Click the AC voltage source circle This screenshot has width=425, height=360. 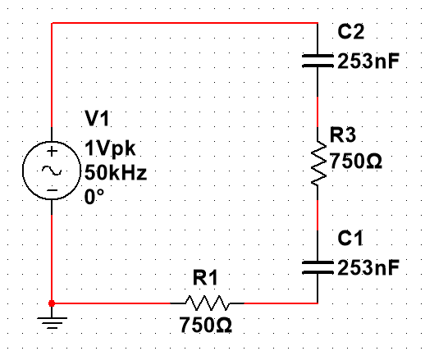[x=23, y=171]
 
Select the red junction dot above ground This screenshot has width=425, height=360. [x=52, y=303]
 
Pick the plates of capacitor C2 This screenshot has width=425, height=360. [x=318, y=61]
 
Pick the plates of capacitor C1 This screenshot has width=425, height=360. [x=318, y=267]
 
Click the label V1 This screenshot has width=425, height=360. [x=97, y=118]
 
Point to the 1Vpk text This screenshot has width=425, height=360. [x=110, y=148]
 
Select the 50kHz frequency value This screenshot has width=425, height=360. [x=116, y=173]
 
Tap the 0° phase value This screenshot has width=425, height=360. [x=94, y=197]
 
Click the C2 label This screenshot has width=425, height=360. [x=351, y=31]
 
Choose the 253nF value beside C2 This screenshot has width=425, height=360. [x=368, y=61]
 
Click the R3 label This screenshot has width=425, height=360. [x=343, y=134]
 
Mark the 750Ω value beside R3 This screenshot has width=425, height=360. [x=356, y=161]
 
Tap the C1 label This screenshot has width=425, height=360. [x=350, y=238]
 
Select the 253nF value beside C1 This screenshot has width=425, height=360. [x=368, y=267]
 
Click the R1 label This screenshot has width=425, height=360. [x=205, y=277]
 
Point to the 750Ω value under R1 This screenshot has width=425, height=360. [x=205, y=325]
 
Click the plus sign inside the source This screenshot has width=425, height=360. [x=52, y=151]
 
